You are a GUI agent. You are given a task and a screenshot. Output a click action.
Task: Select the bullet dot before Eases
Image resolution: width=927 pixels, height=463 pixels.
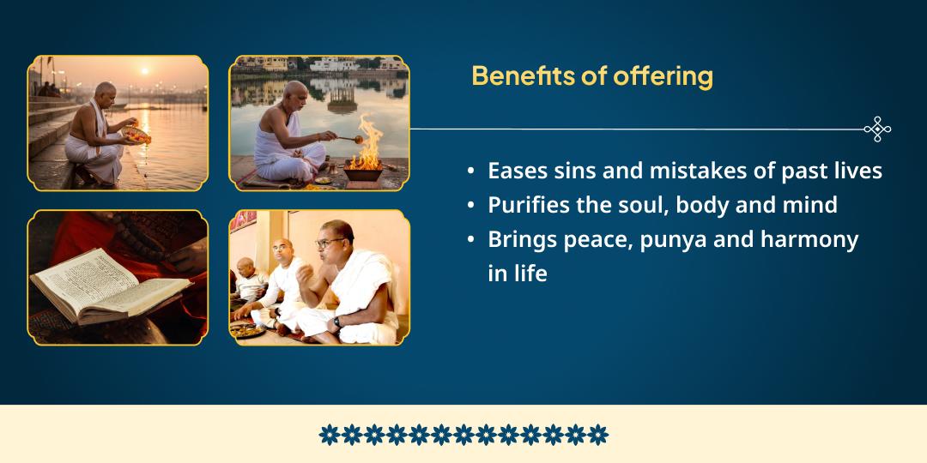(x=470, y=171)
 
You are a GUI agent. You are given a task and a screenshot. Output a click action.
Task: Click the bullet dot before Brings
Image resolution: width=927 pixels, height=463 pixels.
(x=470, y=240)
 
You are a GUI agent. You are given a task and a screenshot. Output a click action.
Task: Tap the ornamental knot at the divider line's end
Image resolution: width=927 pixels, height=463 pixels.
(x=877, y=129)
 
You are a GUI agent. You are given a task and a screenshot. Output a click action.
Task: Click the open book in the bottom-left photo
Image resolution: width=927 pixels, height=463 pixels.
(x=110, y=286)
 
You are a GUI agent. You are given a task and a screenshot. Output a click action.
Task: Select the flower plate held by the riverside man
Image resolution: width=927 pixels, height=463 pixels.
(x=136, y=135)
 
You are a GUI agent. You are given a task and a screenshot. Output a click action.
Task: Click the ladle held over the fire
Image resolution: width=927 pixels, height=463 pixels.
(x=348, y=140)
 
